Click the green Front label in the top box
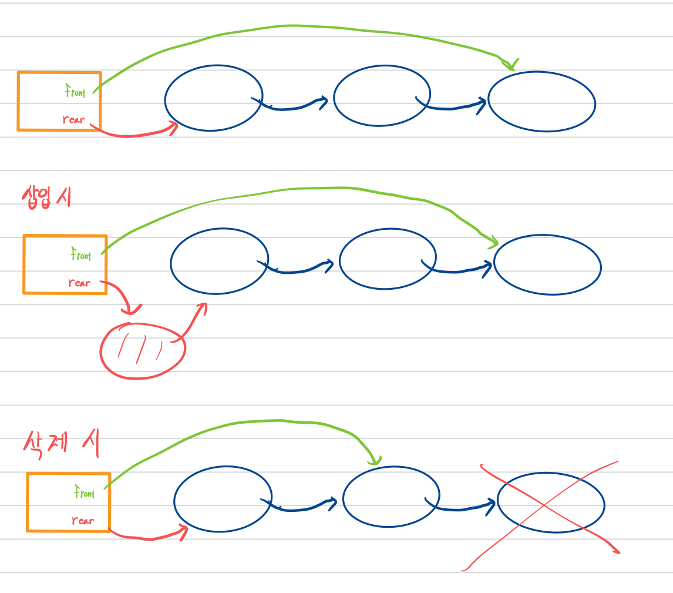(x=75, y=92)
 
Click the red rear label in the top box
(x=73, y=120)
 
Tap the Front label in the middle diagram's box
(x=81, y=255)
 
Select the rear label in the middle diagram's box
(x=79, y=283)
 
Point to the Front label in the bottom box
(x=84, y=493)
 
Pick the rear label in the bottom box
(x=83, y=521)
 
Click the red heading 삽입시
(x=46, y=196)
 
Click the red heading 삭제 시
(x=60, y=445)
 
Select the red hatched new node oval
(x=143, y=350)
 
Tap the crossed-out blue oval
(x=550, y=503)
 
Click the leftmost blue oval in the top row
(x=213, y=98)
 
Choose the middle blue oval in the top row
(x=382, y=96)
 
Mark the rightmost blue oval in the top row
(x=541, y=102)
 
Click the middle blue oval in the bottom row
(x=391, y=497)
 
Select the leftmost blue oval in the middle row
(x=219, y=261)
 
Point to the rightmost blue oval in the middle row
(x=547, y=265)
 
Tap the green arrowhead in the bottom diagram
(x=373, y=460)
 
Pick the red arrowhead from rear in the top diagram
(x=173, y=127)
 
